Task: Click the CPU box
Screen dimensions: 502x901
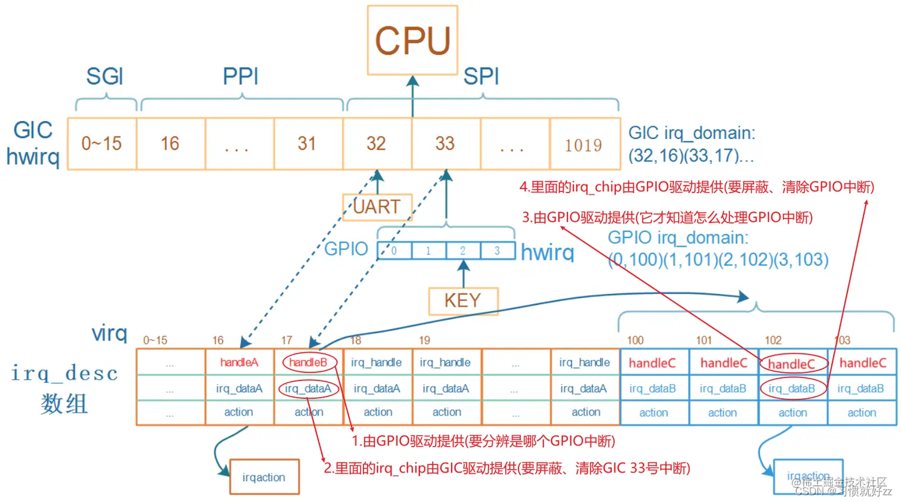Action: pos(412,41)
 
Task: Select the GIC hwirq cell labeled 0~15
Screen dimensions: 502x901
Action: pos(102,144)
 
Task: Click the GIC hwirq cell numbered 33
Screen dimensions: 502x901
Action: pos(445,144)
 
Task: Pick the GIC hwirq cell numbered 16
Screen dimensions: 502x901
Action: pos(170,144)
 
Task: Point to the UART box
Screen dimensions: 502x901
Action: pos(377,207)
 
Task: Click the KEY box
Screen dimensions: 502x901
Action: pos(463,300)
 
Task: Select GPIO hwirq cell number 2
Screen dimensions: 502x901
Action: pos(462,251)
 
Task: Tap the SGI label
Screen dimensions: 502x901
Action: pos(105,77)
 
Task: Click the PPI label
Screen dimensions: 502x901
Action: pos(241,77)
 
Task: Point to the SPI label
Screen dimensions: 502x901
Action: pos(481,77)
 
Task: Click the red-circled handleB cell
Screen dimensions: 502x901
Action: pos(308,362)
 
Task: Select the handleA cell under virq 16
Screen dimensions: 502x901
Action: pos(239,362)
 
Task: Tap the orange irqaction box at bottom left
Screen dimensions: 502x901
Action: pos(264,477)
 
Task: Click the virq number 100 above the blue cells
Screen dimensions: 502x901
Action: pos(635,340)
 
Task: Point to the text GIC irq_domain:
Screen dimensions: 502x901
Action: pos(692,133)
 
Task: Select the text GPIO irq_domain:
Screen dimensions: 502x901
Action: pos(678,238)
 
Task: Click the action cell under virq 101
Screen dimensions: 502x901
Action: pos(722,413)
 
